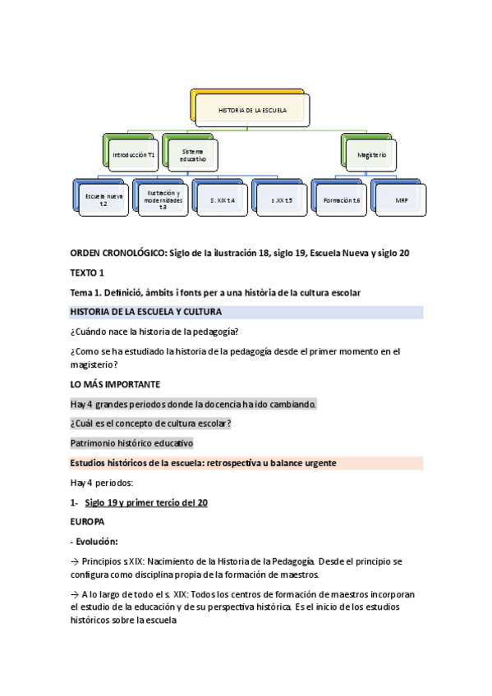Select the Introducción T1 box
click(x=133, y=153)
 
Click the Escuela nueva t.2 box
click(x=103, y=199)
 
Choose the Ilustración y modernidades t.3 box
click(x=163, y=199)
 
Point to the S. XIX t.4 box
click(x=222, y=199)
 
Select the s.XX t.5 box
click(x=281, y=199)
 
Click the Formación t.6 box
click(x=342, y=199)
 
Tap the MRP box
click(x=401, y=199)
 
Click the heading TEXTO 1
click(x=88, y=272)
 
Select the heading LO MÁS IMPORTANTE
click(x=114, y=383)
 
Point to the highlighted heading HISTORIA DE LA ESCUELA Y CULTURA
click(x=146, y=312)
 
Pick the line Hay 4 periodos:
click(x=102, y=483)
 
